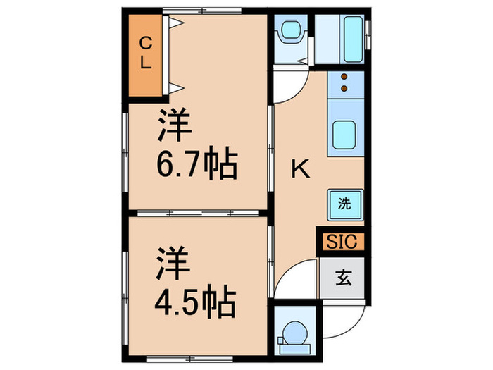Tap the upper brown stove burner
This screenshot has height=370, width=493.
pos(344,77)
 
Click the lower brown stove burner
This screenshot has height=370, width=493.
pos(344,90)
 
